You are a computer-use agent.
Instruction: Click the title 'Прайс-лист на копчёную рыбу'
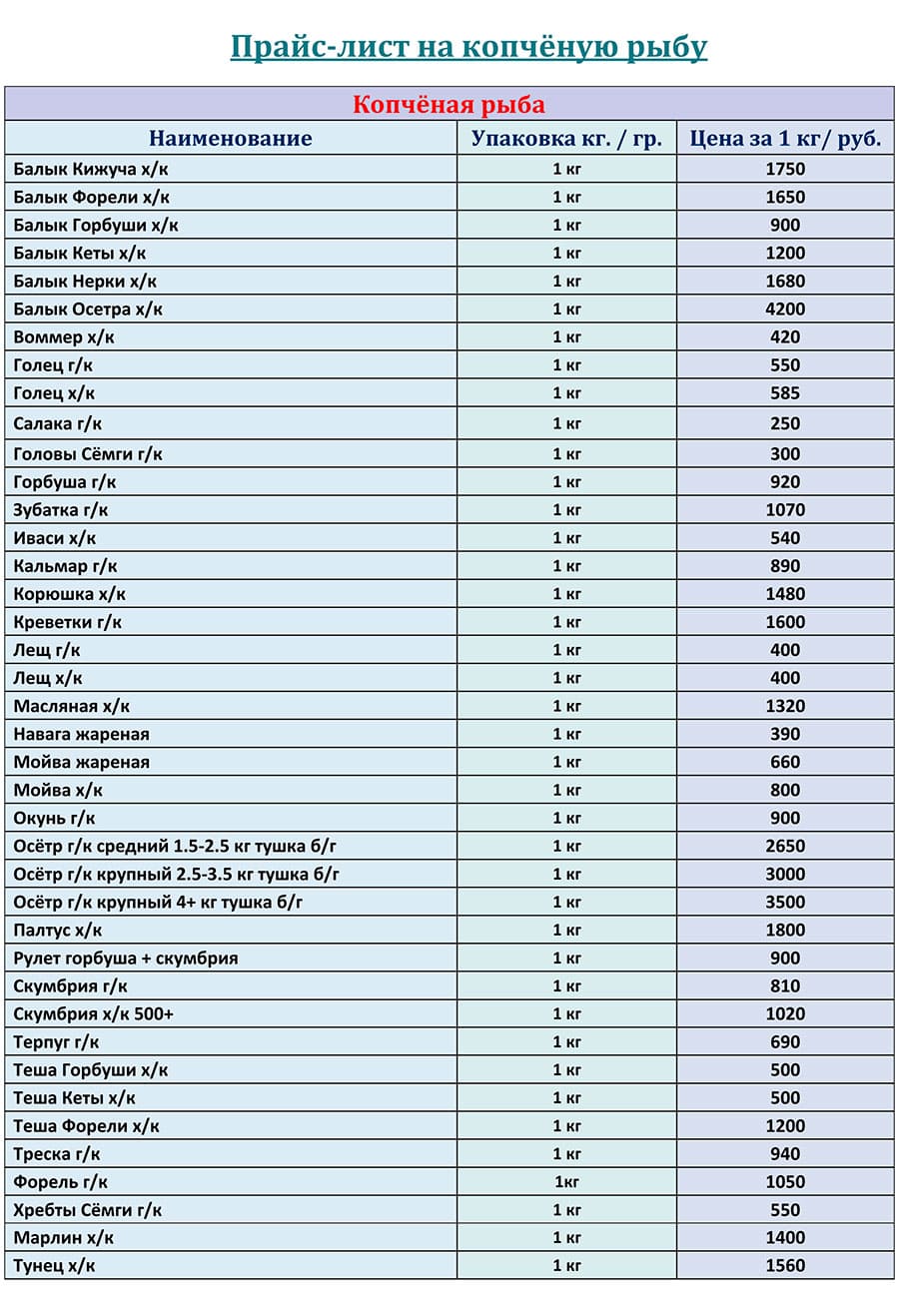pyautogui.click(x=468, y=47)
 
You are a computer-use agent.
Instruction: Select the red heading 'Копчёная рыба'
pyautogui.click(x=449, y=105)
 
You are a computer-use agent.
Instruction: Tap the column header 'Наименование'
pyautogui.click(x=231, y=139)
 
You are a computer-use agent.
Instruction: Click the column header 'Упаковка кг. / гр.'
pyautogui.click(x=566, y=139)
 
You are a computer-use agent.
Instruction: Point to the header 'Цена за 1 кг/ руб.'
pyautogui.click(x=785, y=139)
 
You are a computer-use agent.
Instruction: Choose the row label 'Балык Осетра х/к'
pyautogui.click(x=88, y=310)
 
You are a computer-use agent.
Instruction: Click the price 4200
pyautogui.click(x=785, y=310)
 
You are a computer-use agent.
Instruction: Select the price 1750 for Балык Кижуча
pyautogui.click(x=785, y=170)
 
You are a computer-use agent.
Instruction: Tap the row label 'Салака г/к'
pyautogui.click(x=58, y=423)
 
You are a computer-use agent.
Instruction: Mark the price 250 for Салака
pyautogui.click(x=785, y=423)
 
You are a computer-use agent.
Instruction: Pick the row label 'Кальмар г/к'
pyautogui.click(x=66, y=566)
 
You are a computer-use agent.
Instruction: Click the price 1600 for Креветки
pyautogui.click(x=785, y=622)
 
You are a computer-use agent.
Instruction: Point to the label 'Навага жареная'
pyautogui.click(x=82, y=734)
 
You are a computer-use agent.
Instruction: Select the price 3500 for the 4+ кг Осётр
pyautogui.click(x=785, y=903)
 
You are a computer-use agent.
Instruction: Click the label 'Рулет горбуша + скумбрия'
pyautogui.click(x=126, y=959)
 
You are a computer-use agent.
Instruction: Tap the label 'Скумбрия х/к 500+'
pyautogui.click(x=95, y=1014)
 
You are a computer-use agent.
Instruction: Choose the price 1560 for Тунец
pyautogui.click(x=785, y=1266)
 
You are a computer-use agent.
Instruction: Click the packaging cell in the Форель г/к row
pyautogui.click(x=566, y=1182)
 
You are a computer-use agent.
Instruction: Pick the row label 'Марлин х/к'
pyautogui.click(x=64, y=1238)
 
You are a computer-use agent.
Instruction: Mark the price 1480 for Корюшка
pyautogui.click(x=785, y=594)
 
